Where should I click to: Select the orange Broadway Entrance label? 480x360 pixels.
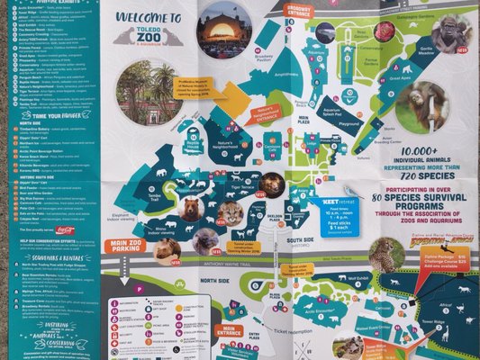(x=297, y=11)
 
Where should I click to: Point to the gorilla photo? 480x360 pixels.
(x=450, y=33)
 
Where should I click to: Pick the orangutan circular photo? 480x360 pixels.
(x=421, y=106)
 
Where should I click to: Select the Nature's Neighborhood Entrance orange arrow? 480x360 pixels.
(x=264, y=112)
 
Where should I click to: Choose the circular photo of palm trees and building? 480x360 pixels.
(x=148, y=91)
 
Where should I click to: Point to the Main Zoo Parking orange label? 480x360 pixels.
(x=124, y=245)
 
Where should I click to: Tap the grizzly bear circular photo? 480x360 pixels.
(x=190, y=209)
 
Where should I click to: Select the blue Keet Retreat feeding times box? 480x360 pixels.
(x=339, y=217)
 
